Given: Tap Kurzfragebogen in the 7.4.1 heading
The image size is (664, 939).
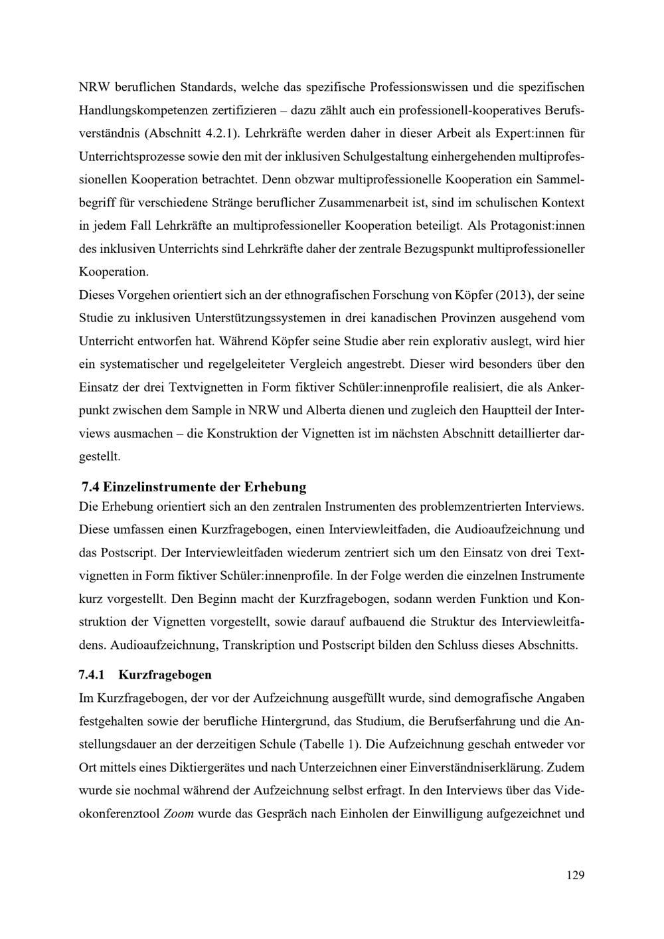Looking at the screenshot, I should [165, 675].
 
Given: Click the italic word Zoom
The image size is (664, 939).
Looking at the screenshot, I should [179, 814].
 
